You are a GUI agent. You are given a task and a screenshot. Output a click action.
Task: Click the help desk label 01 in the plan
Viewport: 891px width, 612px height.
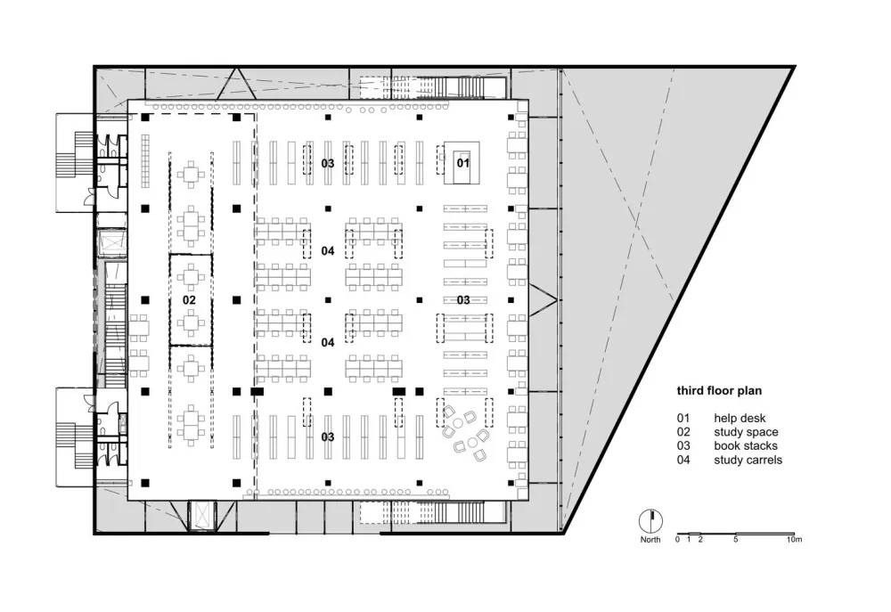[x=462, y=163]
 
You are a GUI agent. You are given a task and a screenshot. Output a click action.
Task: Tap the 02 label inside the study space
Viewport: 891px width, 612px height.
[x=189, y=300]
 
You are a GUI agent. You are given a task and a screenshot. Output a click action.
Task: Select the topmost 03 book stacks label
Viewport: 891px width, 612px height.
[x=328, y=163]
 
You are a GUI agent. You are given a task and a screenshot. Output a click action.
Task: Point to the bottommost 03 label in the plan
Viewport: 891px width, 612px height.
[x=328, y=437]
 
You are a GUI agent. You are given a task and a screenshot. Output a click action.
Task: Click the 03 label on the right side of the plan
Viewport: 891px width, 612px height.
[x=463, y=300]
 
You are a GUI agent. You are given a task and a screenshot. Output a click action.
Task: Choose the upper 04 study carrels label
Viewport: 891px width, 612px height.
[x=328, y=251]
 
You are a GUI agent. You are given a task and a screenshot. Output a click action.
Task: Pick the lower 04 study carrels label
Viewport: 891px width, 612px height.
[x=328, y=342]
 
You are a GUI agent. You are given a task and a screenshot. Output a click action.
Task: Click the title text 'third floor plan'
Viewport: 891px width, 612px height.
[x=719, y=390]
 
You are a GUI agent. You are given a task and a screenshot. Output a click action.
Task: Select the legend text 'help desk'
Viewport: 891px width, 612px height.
[x=739, y=418]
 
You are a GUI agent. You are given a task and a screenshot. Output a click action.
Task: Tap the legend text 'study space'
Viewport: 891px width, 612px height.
[x=745, y=432]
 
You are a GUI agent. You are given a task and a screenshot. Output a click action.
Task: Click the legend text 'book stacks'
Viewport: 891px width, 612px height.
[x=745, y=445]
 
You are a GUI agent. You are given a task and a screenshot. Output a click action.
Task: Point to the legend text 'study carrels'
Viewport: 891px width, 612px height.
[x=748, y=460]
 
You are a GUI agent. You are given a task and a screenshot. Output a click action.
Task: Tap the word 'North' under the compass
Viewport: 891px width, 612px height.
[x=650, y=541]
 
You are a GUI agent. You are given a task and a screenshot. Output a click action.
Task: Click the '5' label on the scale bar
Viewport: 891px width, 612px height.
[x=735, y=541]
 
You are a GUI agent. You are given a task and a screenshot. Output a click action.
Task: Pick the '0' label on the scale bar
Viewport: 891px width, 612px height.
[x=677, y=541]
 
